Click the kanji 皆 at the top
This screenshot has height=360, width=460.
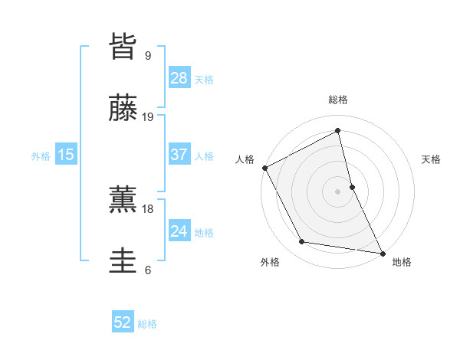tap(123, 46)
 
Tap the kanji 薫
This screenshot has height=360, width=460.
tap(123, 198)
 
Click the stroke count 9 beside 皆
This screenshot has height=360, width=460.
tap(147, 55)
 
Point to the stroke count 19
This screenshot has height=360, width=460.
tap(148, 117)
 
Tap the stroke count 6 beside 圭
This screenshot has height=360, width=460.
tap(147, 270)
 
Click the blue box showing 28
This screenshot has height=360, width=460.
tap(179, 78)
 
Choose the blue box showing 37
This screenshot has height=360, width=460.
tap(179, 155)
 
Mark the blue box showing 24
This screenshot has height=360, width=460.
tap(179, 231)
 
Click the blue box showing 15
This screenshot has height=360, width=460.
tap(66, 155)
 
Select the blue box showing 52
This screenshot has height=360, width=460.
tap(123, 323)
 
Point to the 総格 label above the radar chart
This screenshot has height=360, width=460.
tap(338, 100)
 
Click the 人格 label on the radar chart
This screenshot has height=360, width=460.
tap(245, 159)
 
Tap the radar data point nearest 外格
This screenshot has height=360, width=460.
tap(302, 243)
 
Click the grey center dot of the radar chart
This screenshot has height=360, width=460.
tap(338, 191)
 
